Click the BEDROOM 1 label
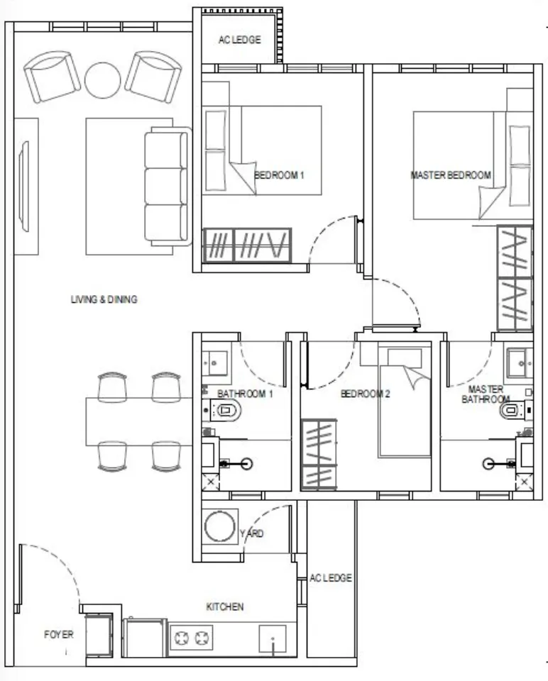click(x=279, y=175)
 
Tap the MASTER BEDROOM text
click(x=451, y=175)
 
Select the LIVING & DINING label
click(x=104, y=299)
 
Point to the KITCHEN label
click(x=225, y=607)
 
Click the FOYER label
click(x=59, y=634)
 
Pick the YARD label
click(x=251, y=533)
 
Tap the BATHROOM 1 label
click(x=245, y=394)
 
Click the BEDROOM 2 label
click(x=365, y=394)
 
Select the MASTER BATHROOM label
click(x=486, y=394)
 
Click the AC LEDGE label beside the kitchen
click(x=331, y=578)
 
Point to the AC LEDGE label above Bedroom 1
click(x=239, y=40)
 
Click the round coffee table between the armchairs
click(x=102, y=80)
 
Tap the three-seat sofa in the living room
click(x=168, y=187)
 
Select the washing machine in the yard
click(x=220, y=526)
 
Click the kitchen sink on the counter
click(x=273, y=638)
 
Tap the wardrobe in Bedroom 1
click(x=247, y=245)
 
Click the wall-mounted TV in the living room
click(x=23, y=187)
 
